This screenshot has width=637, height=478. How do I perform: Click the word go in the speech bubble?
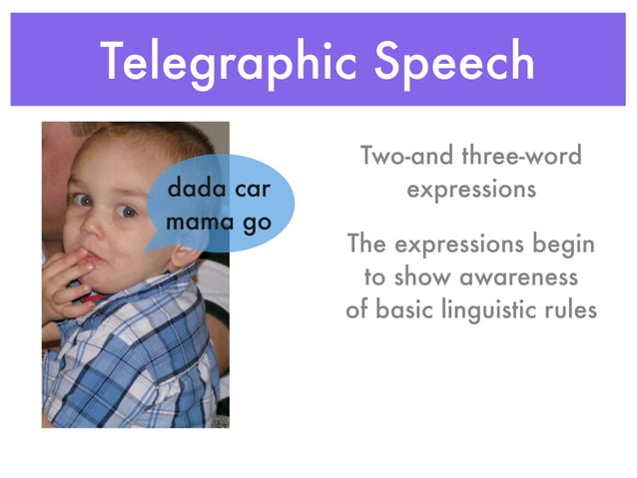coord(257,224)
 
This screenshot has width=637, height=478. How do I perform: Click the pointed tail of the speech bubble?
coord(153,245)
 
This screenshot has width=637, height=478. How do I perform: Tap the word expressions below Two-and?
coord(470,190)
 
